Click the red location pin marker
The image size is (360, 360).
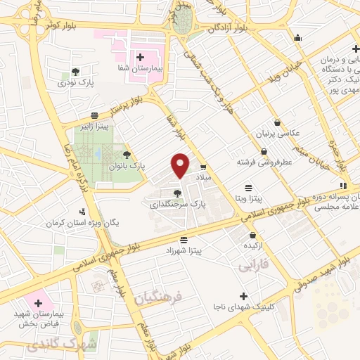point(181,165)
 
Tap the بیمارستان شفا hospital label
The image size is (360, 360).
point(139,72)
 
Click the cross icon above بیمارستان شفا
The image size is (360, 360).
point(139,58)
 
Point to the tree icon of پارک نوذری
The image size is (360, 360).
point(75,72)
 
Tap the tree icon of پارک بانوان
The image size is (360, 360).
point(127,154)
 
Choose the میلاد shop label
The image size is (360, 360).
point(202,179)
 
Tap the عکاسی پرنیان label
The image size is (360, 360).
point(276,132)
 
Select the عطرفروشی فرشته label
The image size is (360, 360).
point(264,162)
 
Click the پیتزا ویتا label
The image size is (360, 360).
point(248,200)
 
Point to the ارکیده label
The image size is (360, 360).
point(254,246)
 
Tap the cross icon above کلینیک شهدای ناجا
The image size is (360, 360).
point(244,296)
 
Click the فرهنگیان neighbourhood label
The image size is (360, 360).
point(158,300)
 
